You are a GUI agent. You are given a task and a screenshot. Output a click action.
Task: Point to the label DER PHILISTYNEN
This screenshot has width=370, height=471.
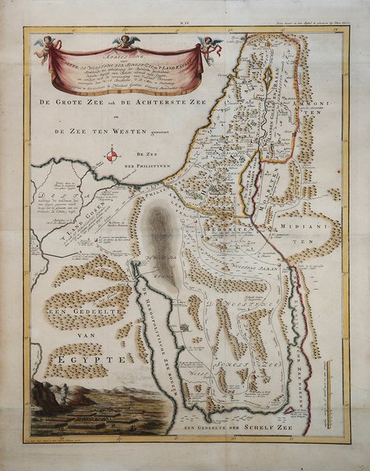point(148,167)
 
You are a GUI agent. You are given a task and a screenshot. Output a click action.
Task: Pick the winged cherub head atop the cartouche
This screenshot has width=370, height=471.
point(126,41)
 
